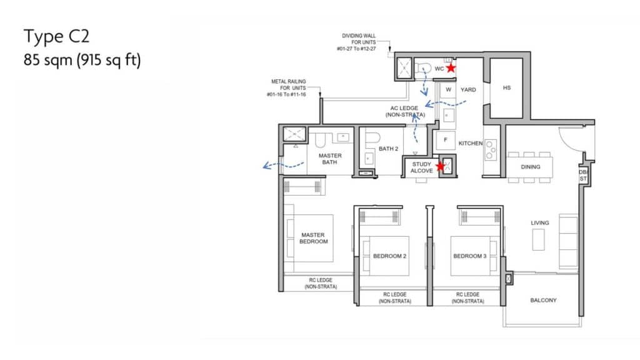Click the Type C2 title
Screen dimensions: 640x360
pos(56,36)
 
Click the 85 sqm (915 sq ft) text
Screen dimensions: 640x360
pos(82,59)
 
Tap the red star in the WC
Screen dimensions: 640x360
pos(451,67)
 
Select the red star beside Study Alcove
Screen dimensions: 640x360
pos(440,166)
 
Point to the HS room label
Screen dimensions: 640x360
pos(506,87)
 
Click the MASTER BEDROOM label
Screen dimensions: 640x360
pos(313,238)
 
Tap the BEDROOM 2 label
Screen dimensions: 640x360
pos(389,256)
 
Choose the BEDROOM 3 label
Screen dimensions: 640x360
pos(470,256)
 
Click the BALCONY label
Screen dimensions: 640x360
pos(543,300)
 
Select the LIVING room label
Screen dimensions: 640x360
pos(539,223)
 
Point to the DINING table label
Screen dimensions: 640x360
pos(530,167)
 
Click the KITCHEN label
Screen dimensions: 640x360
pos(470,143)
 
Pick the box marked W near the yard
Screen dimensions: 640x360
pos(448,90)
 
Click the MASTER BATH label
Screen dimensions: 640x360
pos(330,159)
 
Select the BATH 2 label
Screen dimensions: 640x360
pos(388,149)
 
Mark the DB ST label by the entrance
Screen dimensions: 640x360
pos(583,176)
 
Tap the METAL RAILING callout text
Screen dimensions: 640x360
pos(286,87)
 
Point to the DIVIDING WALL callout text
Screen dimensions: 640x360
pos(356,42)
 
